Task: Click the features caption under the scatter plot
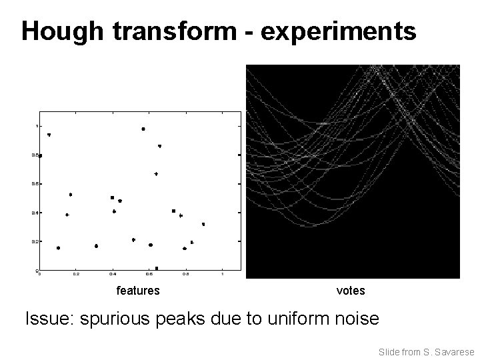[x=138, y=291]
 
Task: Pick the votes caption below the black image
[x=351, y=291]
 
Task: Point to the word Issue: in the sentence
[x=49, y=319]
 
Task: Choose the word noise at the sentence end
[x=354, y=319]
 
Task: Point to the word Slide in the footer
[x=389, y=351]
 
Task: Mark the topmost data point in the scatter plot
[x=143, y=129]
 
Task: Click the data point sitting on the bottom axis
[x=156, y=269]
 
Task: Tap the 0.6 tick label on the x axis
[x=149, y=274]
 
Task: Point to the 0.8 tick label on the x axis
[x=185, y=274]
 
